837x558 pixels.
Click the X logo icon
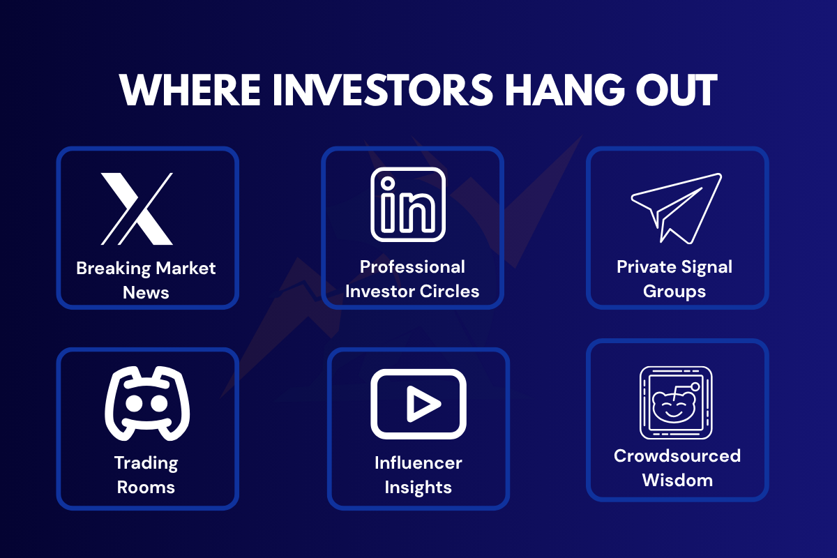pos(137,209)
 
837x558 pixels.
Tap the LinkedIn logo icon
pos(408,204)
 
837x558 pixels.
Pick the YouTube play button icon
pos(418,403)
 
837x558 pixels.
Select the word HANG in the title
pos(566,90)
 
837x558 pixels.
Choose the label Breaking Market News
pos(146,280)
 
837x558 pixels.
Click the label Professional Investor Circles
pos(412,279)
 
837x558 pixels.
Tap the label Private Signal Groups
pos(674,279)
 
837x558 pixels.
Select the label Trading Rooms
pos(146,474)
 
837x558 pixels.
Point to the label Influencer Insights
pos(418,474)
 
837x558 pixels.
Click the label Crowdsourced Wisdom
pos(677,467)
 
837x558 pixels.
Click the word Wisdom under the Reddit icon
pos(677,480)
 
